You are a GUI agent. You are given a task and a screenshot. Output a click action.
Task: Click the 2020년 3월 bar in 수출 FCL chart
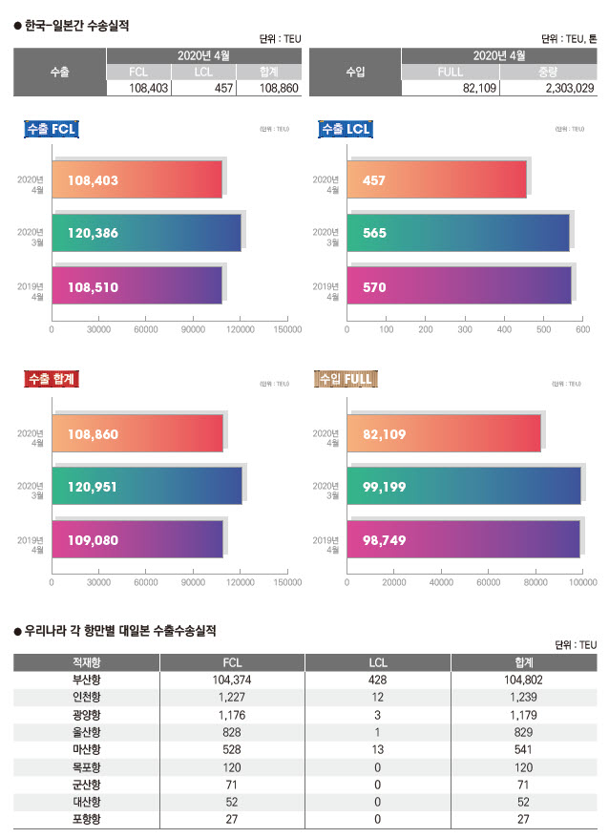(146, 232)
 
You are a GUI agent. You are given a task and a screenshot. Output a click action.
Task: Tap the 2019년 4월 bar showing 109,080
(137, 539)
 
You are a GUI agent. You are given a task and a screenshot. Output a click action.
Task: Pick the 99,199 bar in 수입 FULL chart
(464, 487)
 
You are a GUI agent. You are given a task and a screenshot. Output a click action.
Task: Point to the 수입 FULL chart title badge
(344, 379)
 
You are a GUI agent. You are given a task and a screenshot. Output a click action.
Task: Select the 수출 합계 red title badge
(51, 379)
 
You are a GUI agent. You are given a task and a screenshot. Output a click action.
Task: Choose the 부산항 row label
(86, 680)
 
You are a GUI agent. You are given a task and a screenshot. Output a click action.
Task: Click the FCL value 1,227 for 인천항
(232, 697)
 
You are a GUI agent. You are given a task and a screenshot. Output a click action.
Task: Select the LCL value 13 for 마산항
(377, 749)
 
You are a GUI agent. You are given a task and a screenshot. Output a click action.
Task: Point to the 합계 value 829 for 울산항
(524, 732)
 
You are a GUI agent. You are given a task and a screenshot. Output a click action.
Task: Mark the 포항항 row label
(86, 819)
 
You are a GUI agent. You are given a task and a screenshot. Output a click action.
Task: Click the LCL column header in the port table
(377, 661)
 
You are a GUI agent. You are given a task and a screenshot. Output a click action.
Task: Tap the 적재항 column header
(86, 661)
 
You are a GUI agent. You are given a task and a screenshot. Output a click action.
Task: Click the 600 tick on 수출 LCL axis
(582, 329)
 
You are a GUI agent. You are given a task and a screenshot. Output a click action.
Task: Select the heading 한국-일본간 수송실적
(77, 26)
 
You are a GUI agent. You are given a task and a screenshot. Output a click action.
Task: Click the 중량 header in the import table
(547, 72)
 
